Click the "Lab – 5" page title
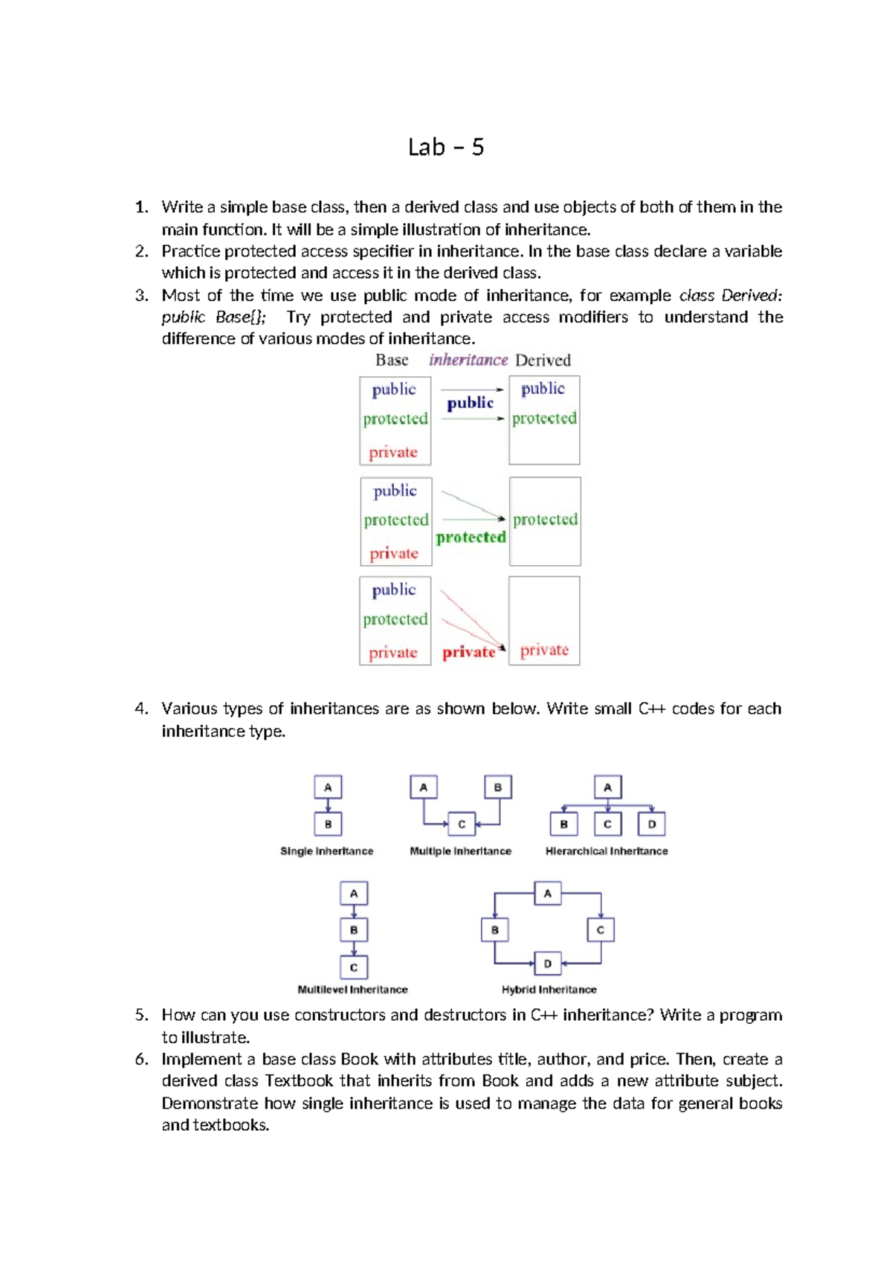[x=446, y=147]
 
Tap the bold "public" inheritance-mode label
[x=470, y=403]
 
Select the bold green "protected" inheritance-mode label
[x=471, y=537]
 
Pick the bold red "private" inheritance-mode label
[x=468, y=652]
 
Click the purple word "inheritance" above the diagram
[x=468, y=360]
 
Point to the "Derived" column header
[x=543, y=361]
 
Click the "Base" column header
[x=392, y=361]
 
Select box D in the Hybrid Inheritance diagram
[x=548, y=964]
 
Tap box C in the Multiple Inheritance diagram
[x=462, y=824]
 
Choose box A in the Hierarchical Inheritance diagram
[x=607, y=787]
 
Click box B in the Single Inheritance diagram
[x=328, y=824]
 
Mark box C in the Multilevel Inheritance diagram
[x=354, y=967]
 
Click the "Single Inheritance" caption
[x=326, y=851]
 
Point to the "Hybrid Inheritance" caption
[x=549, y=990]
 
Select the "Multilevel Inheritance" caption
[x=352, y=990]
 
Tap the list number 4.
[x=141, y=709]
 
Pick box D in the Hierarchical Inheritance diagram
[x=652, y=824]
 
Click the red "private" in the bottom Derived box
[x=544, y=650]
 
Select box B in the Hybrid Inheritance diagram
[x=495, y=929]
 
